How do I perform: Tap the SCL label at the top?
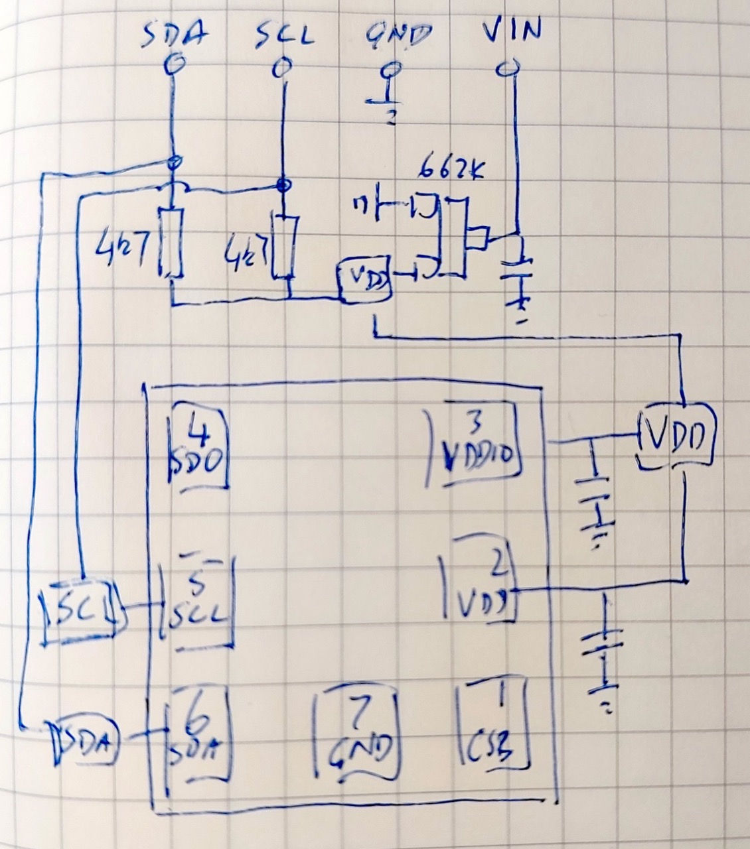(284, 35)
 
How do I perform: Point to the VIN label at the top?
(511, 31)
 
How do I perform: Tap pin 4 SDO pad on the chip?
(197, 447)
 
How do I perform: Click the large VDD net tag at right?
(678, 436)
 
